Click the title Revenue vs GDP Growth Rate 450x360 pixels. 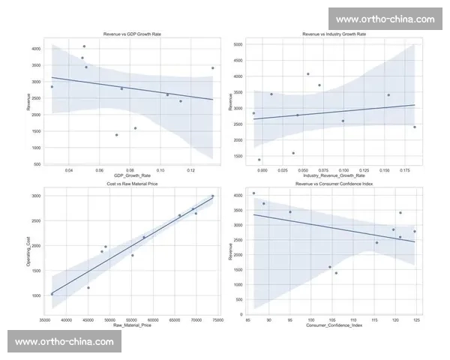131,34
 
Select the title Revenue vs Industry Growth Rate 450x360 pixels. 334,34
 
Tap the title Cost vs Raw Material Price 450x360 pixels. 131,184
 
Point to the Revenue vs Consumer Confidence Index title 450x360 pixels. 334,184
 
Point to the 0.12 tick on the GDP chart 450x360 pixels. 190,171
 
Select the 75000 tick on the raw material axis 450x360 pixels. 217,320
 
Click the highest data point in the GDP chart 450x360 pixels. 84,46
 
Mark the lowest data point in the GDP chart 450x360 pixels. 116,135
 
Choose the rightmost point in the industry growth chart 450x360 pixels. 415,127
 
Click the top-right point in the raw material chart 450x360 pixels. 212,196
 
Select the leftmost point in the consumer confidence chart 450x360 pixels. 253,193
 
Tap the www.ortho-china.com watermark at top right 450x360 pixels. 385,19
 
